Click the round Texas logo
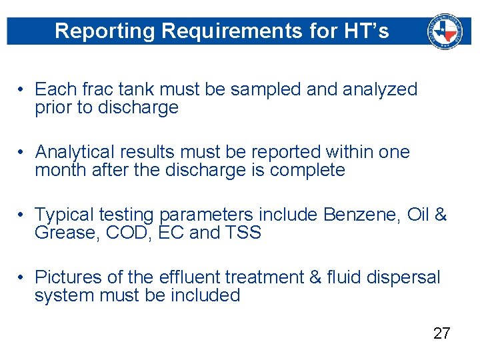[x=444, y=31]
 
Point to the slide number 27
[x=441, y=334]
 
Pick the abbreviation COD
[x=126, y=233]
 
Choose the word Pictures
[x=74, y=277]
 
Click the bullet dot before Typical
[x=22, y=215]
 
